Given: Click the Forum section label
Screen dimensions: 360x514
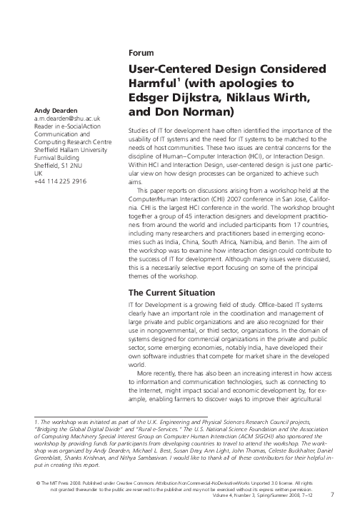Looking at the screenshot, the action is [x=139, y=54].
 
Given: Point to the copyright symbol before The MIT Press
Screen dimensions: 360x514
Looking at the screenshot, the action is [x=26, y=483].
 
